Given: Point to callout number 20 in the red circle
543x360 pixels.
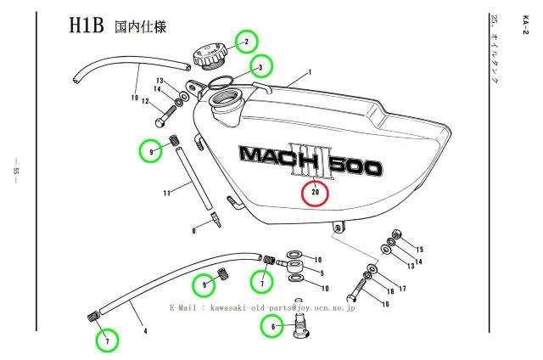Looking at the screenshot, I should [316, 192].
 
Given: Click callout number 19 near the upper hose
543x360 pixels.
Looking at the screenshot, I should [134, 98].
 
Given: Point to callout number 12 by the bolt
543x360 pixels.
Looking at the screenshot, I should [145, 102].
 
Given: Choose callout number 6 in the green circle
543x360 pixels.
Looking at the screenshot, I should [272, 323].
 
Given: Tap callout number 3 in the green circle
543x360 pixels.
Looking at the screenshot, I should [260, 67].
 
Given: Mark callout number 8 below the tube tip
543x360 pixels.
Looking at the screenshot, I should [193, 229].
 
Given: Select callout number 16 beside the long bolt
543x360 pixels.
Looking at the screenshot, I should [385, 304].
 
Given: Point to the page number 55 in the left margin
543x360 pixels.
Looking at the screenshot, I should [15, 177].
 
